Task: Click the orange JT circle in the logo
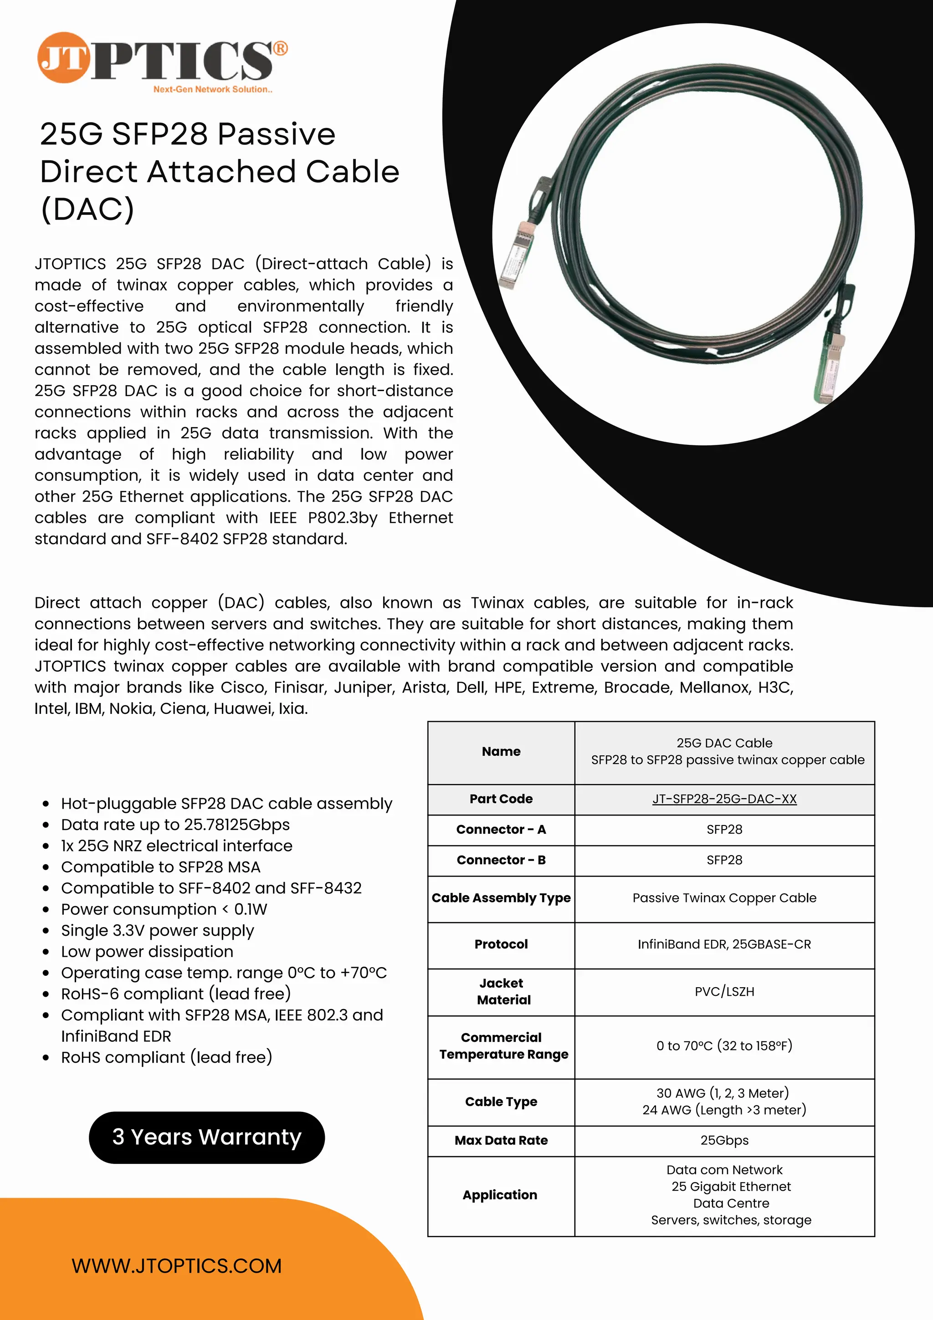coord(63,57)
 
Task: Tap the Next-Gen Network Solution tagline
coord(212,90)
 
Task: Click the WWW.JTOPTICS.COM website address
coord(177,1265)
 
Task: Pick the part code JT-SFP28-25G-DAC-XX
coord(724,799)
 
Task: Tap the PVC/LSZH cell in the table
coord(724,991)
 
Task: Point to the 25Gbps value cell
coord(724,1140)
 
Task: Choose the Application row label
coord(499,1195)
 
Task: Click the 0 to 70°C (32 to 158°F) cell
coord(724,1046)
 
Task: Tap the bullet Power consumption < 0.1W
coord(164,909)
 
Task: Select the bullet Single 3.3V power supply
coord(157,930)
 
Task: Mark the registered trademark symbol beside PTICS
coord(280,49)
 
